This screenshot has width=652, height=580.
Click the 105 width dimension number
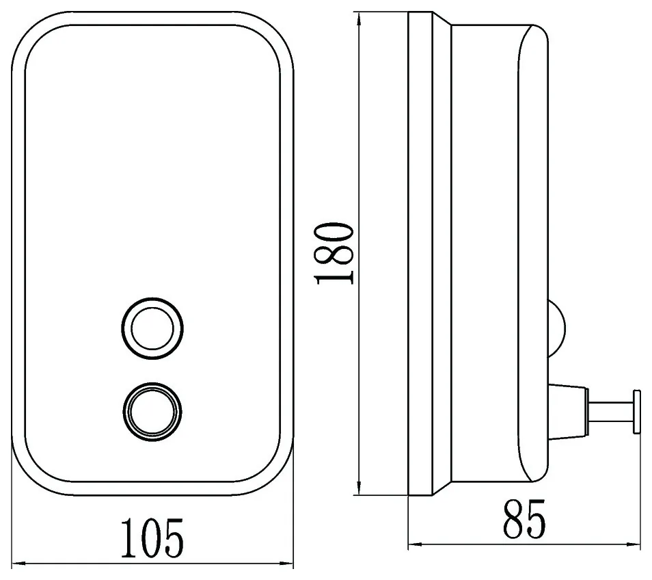(x=152, y=538)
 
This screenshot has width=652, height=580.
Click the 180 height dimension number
(x=335, y=254)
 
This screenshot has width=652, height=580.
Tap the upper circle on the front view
(x=152, y=328)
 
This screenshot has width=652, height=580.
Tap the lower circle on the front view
(x=152, y=412)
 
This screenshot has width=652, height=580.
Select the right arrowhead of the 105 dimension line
(x=286, y=564)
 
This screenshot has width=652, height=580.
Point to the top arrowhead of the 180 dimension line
(x=359, y=20)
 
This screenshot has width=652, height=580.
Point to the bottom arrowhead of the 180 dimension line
(x=359, y=488)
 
